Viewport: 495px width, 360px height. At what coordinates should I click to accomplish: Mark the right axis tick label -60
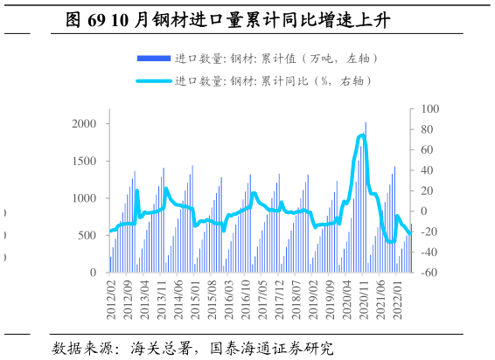pyautogui.click(x=427, y=273)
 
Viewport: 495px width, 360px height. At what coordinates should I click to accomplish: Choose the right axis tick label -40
pyautogui.click(x=427, y=253)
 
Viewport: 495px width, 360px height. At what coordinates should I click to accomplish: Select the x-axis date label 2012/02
pyautogui.click(x=111, y=300)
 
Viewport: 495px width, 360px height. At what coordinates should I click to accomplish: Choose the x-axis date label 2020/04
pyautogui.click(x=346, y=300)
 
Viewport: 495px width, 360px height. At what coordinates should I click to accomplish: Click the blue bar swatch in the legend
pyautogui.click(x=153, y=59)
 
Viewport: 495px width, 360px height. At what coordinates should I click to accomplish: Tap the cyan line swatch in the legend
pyautogui.click(x=153, y=81)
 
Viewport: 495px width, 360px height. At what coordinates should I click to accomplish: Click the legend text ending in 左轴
pyautogui.click(x=276, y=59)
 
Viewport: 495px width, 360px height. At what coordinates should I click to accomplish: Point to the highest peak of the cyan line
pyautogui.click(x=362, y=135)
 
